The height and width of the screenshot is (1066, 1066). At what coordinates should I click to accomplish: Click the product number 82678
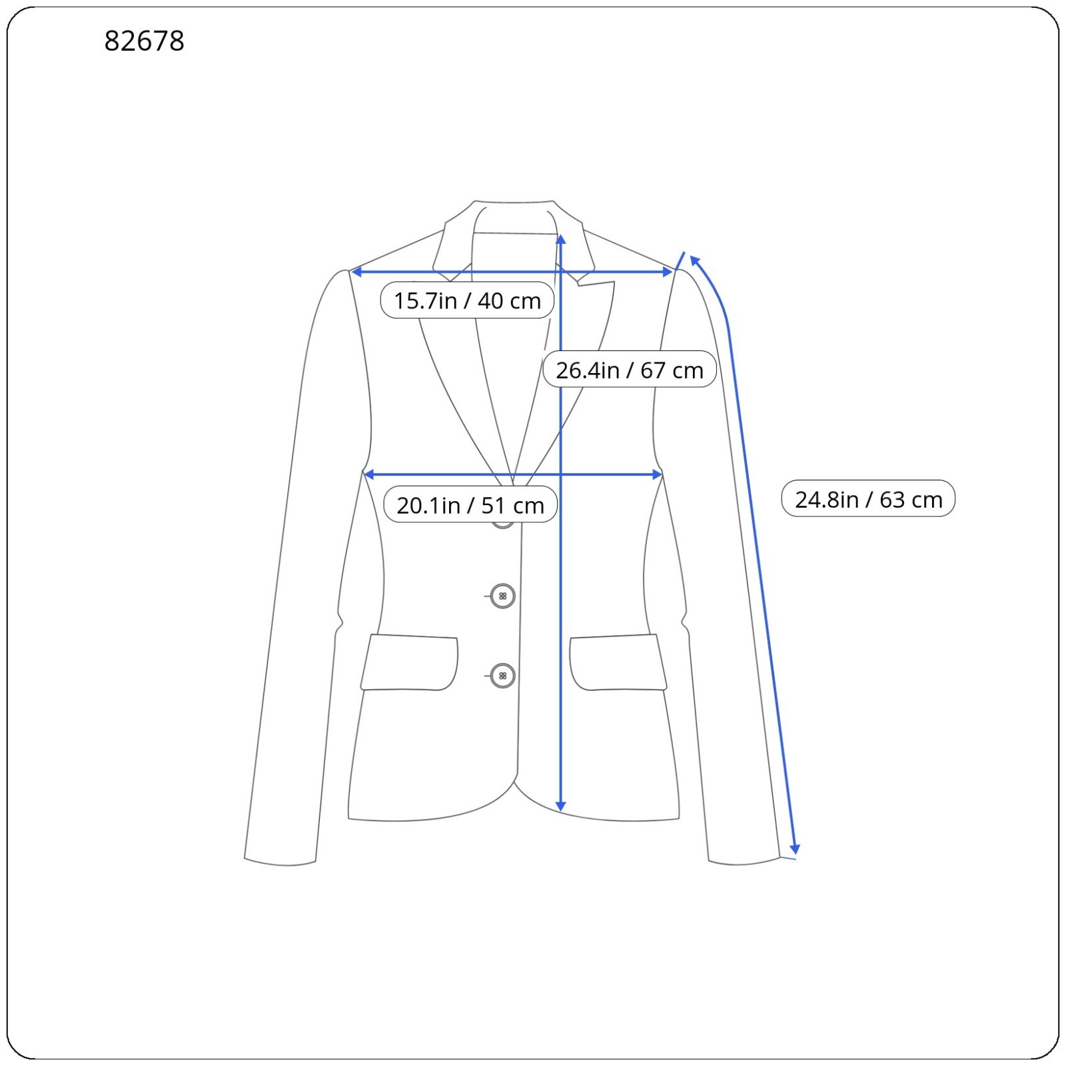(144, 41)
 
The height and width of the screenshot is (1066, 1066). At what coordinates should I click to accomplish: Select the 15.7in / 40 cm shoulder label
(467, 300)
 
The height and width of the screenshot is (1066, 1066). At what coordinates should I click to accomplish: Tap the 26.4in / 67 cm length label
(630, 370)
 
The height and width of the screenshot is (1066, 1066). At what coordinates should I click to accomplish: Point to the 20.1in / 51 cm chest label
(470, 505)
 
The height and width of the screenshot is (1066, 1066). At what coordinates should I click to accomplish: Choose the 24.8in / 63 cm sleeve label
(868, 499)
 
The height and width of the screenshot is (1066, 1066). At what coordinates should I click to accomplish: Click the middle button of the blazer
(502, 596)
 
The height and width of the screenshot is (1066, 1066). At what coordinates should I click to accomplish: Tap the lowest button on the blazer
(502, 676)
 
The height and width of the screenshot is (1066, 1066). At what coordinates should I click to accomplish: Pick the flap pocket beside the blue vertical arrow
(618, 663)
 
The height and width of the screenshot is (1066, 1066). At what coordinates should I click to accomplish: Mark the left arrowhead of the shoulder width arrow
(356, 272)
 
